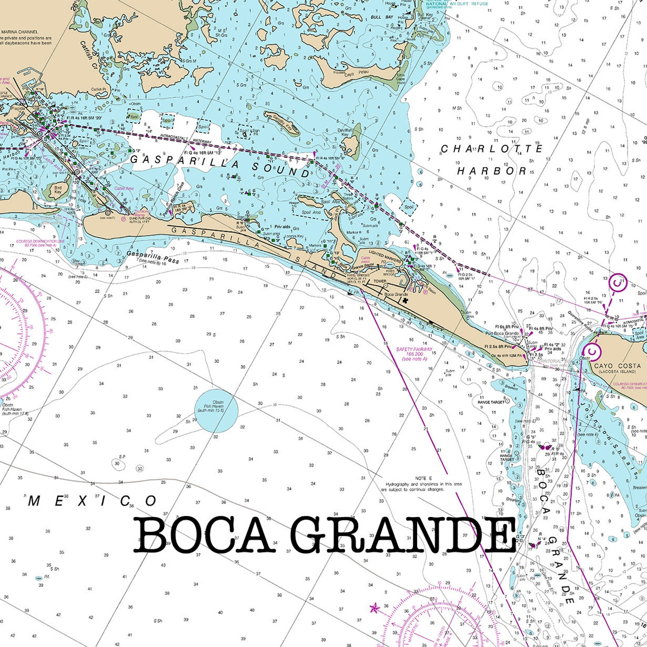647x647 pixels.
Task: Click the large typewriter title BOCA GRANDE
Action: [x=325, y=535]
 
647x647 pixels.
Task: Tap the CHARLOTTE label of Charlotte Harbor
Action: [x=492, y=149]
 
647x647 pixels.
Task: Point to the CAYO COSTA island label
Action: [x=617, y=366]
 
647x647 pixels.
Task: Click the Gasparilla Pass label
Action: [x=152, y=257]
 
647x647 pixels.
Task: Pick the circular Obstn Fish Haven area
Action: [x=216, y=410]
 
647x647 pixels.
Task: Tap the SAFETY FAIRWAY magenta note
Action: [x=414, y=354]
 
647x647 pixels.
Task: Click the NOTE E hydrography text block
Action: [x=421, y=484]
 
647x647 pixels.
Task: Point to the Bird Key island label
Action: [x=58, y=189]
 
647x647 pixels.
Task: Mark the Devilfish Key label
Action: [x=345, y=132]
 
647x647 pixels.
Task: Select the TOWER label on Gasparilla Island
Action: [x=380, y=281]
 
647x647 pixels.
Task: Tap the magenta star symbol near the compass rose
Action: [x=374, y=609]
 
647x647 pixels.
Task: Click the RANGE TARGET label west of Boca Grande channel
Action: [x=491, y=402]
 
